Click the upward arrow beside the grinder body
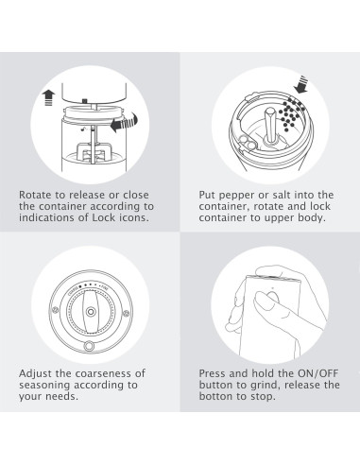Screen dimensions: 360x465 pos(48,97)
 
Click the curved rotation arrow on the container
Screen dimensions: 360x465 pos(125,123)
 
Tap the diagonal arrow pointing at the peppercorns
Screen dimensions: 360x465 pos(301,84)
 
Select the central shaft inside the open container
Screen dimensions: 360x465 pos(270,126)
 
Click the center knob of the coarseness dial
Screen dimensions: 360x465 pos(91,312)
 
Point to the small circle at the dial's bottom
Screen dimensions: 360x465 pos(89,346)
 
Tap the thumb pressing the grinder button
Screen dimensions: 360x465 pos(266,301)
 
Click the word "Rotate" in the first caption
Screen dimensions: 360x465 pos(35,195)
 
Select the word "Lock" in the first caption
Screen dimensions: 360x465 pos(103,217)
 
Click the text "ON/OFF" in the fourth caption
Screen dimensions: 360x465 pos(317,373)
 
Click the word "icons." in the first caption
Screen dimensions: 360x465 pos(133,217)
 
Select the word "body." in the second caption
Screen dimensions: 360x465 pos(312,218)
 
